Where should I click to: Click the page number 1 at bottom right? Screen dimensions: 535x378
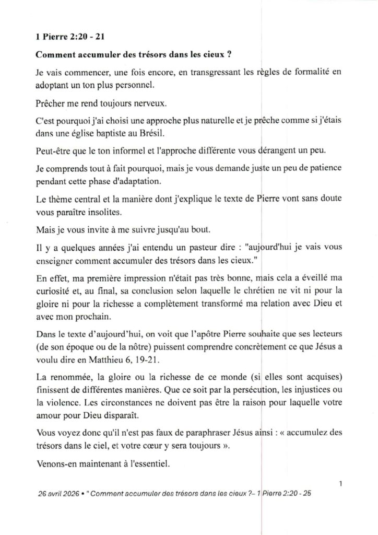pyautogui.click(x=340, y=484)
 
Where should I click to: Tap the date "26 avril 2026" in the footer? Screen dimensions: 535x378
pyautogui.click(x=60, y=494)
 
